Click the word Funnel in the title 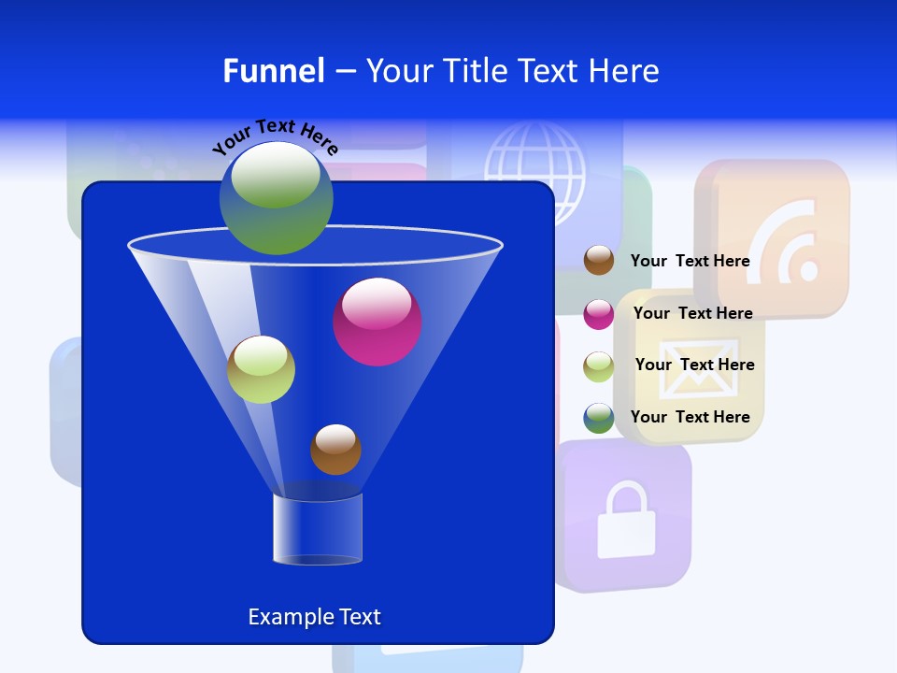pos(273,71)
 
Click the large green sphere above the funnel pos(276,197)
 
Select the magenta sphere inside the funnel pos(377,322)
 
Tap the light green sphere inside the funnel pos(261,369)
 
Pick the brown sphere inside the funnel pos(335,450)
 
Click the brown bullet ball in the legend pos(599,261)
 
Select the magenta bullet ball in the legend pos(599,313)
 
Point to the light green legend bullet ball pos(599,365)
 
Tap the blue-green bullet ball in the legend pos(599,418)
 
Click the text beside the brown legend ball pos(690,261)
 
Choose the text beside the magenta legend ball pos(692,313)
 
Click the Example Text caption pos(314,617)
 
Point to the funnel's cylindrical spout pos(318,529)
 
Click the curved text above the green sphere pos(275,137)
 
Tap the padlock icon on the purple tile pos(625,520)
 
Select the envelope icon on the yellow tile pos(691,374)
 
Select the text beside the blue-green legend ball pos(690,417)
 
